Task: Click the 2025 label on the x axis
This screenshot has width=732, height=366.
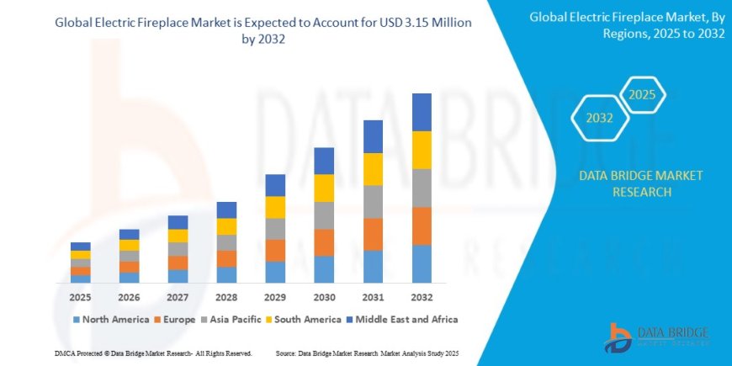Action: click(81, 298)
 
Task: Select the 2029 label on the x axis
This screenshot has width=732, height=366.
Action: click(275, 298)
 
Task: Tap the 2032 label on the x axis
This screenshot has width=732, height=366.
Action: click(422, 298)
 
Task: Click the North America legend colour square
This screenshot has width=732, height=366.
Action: click(77, 320)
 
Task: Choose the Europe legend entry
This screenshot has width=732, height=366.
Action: click(175, 320)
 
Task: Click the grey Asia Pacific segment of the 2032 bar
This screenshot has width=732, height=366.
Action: click(422, 188)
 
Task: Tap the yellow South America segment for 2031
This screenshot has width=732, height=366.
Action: click(373, 169)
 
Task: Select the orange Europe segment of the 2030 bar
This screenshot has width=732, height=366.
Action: click(324, 242)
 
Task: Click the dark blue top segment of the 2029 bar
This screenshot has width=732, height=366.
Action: click(275, 185)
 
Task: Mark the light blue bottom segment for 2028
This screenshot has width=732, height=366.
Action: click(226, 274)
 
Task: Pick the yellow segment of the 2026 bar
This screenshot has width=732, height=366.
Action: click(130, 245)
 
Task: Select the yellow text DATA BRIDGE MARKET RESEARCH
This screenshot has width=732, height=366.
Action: click(641, 183)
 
